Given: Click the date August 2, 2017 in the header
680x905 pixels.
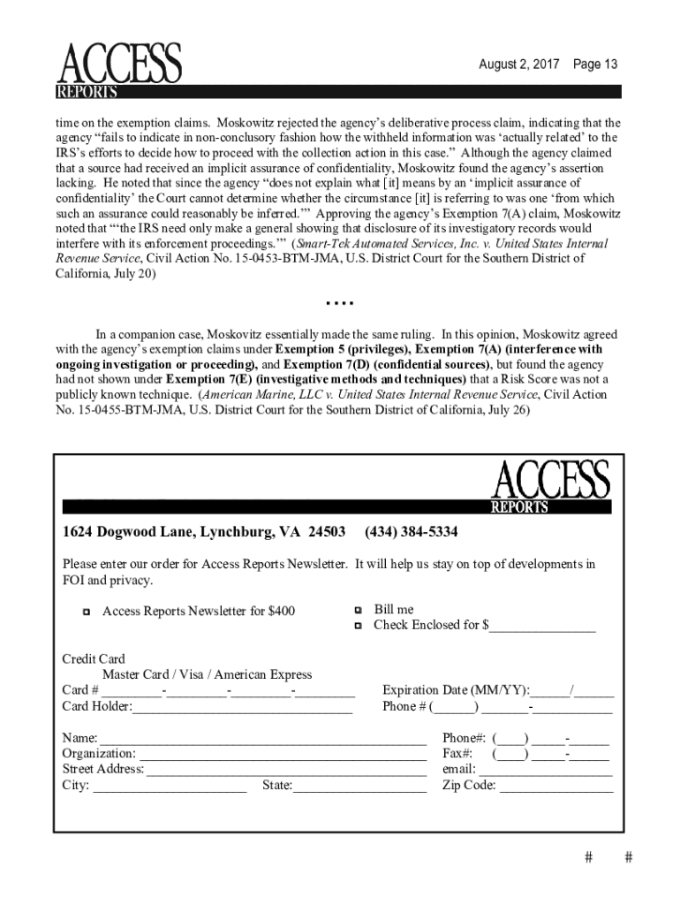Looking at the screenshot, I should (518, 65).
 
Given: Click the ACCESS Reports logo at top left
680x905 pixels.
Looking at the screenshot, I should (119, 70).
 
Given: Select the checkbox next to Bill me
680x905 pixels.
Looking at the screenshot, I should (358, 610).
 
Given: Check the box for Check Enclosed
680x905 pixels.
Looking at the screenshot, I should (358, 626).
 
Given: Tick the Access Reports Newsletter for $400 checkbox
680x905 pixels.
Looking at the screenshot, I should (86, 612).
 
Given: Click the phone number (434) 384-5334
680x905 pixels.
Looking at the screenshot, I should (411, 532).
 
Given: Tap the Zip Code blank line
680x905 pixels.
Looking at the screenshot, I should (555, 786).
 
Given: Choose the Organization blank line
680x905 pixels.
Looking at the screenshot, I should (283, 755).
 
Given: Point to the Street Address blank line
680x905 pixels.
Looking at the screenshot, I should (286, 771).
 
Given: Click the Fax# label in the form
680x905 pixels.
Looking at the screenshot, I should (457, 754).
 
